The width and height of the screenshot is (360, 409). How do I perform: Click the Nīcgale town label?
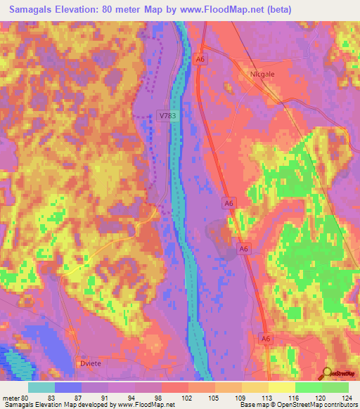(264, 72)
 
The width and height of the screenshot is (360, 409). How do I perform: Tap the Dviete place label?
(86, 363)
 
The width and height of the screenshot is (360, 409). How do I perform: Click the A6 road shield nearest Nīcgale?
(200, 60)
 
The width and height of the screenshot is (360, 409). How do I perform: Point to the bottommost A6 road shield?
(265, 338)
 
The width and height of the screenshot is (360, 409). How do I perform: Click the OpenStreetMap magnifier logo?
(327, 373)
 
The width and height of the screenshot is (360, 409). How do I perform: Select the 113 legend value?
(269, 398)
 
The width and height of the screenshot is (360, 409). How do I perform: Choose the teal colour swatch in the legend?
(41, 387)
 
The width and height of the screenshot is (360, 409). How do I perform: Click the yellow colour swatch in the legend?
(282, 387)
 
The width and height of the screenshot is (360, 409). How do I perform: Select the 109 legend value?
(242, 398)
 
